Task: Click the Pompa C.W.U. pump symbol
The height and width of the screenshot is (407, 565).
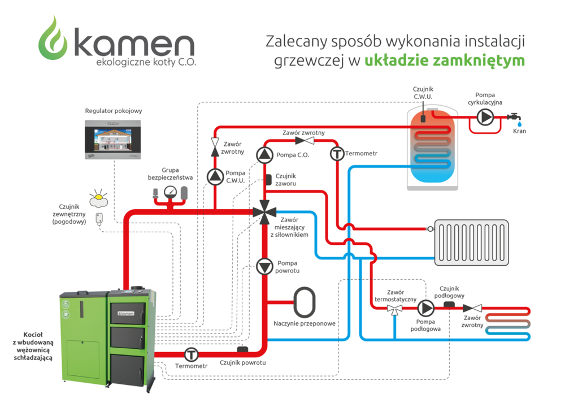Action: (215, 177)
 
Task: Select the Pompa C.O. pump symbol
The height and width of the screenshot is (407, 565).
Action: (264, 154)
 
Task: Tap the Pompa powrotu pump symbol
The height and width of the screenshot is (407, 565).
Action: (264, 266)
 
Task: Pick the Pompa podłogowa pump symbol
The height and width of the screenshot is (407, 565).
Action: (425, 309)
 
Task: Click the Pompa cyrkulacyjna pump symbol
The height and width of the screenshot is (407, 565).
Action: (484, 117)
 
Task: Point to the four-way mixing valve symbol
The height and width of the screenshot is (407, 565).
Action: (264, 213)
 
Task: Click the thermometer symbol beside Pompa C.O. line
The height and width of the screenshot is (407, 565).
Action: (337, 154)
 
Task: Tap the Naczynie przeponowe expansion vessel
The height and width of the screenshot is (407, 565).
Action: (305, 302)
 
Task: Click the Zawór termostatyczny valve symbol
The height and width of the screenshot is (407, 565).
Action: (394, 309)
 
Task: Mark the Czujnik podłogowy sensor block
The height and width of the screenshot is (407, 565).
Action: (450, 305)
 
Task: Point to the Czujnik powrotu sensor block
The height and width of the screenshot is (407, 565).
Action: (243, 350)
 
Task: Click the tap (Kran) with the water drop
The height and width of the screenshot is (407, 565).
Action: (515, 118)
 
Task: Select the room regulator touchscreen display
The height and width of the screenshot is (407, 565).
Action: (111, 139)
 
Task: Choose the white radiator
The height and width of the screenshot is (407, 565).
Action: (471, 243)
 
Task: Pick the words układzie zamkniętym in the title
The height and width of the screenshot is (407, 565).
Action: (445, 60)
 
